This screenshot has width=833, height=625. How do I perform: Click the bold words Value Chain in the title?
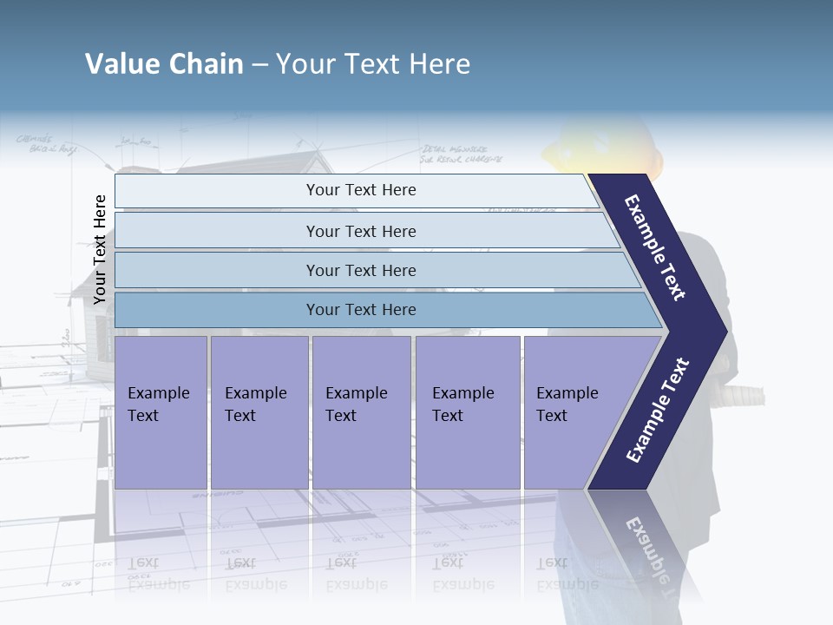[x=164, y=64]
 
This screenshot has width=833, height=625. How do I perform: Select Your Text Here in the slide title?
[x=373, y=64]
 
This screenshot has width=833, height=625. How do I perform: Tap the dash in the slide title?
[x=259, y=65]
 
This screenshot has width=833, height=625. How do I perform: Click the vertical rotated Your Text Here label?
[x=100, y=249]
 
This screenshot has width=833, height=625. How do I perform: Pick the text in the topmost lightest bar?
[x=361, y=190]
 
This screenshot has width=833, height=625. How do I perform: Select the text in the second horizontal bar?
[x=361, y=232]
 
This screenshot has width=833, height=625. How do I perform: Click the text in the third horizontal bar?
[x=361, y=271]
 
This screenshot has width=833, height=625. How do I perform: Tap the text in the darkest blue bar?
[x=361, y=310]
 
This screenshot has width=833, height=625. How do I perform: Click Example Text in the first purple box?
[x=158, y=405]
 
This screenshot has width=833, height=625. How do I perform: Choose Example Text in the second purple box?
[x=255, y=405]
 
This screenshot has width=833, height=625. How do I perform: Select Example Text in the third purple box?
[x=356, y=405]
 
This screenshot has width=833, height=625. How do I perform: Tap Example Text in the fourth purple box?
[x=462, y=405]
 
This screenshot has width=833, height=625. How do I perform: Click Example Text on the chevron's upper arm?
[x=655, y=247]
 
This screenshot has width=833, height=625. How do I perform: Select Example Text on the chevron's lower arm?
[x=658, y=411]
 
